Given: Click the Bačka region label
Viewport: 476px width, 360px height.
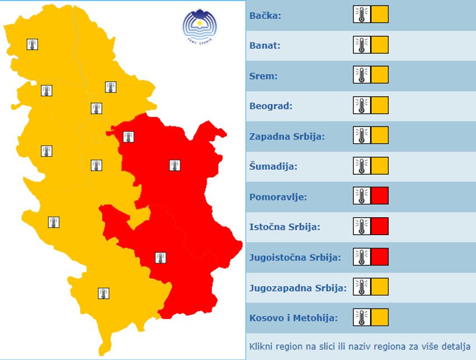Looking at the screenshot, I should click(265, 15).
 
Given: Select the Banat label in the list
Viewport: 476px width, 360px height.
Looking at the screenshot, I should click(265, 45).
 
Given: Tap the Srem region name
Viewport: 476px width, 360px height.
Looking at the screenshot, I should click(263, 76).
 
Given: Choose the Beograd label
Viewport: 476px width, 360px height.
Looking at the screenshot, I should click(270, 106).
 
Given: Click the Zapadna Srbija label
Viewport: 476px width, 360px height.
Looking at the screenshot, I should click(287, 136).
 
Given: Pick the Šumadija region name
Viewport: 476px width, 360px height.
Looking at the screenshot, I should click(273, 166).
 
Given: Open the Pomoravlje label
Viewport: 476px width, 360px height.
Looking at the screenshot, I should click(278, 197).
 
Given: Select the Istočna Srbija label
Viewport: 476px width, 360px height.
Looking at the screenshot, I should click(284, 227).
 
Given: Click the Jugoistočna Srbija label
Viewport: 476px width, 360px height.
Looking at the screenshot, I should click(295, 258).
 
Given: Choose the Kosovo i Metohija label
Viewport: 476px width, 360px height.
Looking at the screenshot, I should click(293, 318).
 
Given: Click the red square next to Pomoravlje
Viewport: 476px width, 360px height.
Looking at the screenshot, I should click(380, 196).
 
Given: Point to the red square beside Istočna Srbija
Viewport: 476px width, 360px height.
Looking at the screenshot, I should click(380, 226).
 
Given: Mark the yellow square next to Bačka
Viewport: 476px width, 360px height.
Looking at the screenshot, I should click(380, 15).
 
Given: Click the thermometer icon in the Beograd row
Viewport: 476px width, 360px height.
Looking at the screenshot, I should click(362, 105).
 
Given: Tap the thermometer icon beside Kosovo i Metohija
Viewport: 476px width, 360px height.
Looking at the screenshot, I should click(362, 317).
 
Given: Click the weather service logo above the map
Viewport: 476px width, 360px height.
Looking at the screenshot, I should click(198, 26).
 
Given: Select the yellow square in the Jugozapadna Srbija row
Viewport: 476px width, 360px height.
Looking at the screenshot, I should click(380, 287).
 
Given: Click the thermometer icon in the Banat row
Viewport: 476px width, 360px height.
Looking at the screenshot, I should click(362, 45).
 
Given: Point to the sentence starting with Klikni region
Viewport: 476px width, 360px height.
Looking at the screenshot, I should click(360, 345).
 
